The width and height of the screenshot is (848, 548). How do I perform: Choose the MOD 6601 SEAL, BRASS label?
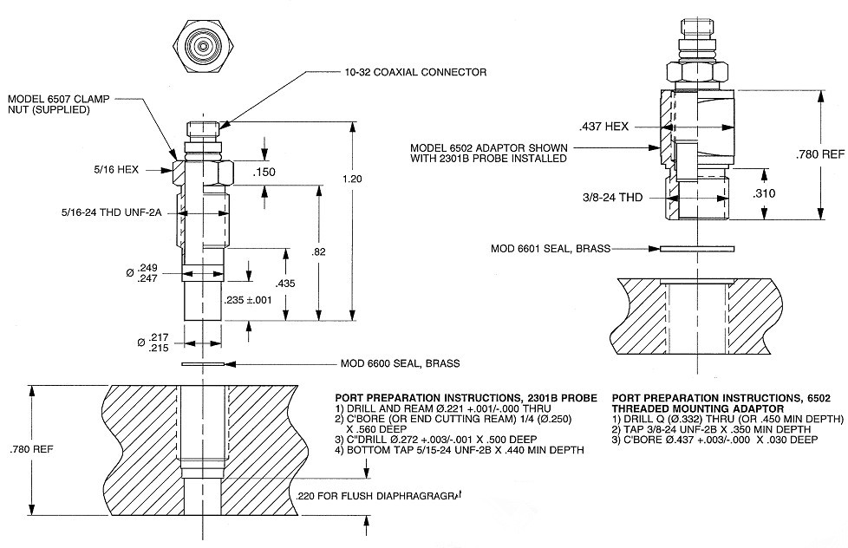551,249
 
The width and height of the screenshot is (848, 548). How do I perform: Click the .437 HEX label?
605,127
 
